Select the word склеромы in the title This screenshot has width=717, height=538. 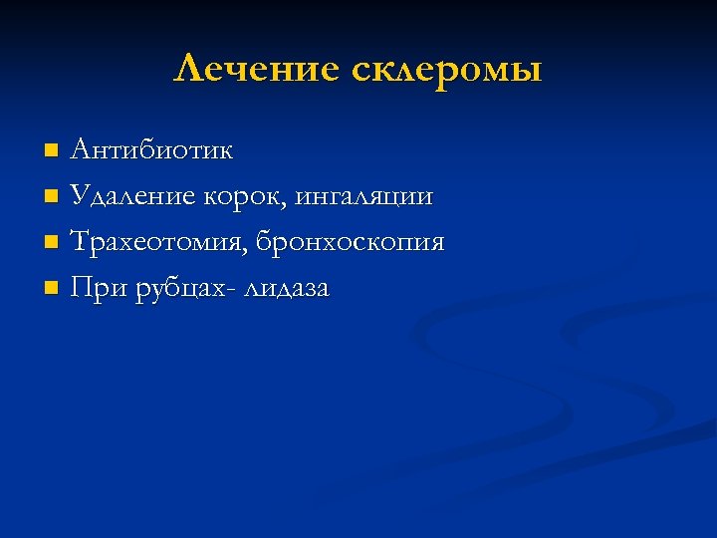446,70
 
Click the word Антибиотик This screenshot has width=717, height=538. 151,151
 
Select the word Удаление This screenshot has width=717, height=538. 134,197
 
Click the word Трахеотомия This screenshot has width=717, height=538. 158,243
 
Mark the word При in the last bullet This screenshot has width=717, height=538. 95,289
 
